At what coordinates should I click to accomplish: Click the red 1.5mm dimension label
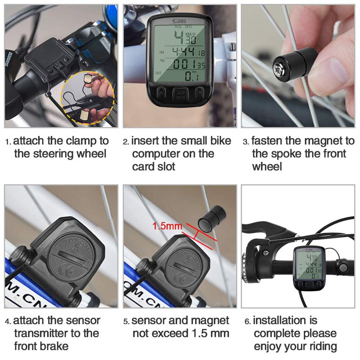(167, 226)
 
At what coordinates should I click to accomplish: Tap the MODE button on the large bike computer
(180, 94)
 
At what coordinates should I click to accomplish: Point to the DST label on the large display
(159, 73)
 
